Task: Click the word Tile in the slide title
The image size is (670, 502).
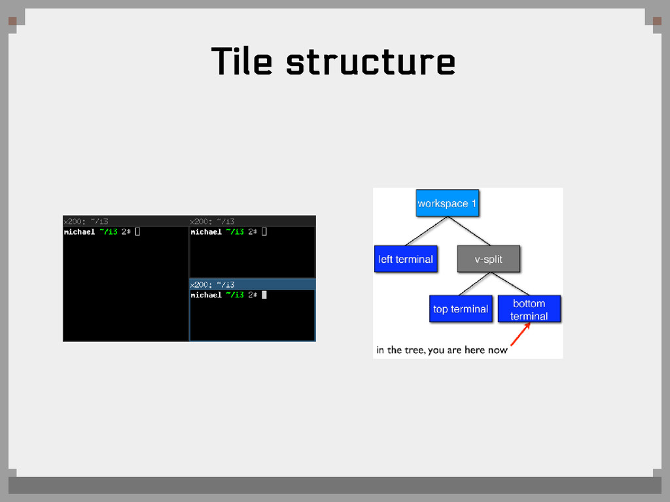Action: coord(241,62)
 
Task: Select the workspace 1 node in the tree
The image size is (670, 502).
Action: coord(447,203)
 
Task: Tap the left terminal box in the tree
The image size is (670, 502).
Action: coord(405,259)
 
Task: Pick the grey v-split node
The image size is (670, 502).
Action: coord(488,259)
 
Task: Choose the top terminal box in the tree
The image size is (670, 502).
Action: coord(460,309)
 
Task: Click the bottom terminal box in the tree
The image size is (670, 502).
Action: coord(529,309)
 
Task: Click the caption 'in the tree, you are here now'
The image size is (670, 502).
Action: coord(442,350)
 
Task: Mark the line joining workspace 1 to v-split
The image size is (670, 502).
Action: coord(470,231)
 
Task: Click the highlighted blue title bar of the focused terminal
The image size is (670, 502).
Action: coord(252,284)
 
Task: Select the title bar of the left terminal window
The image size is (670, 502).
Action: coord(126,221)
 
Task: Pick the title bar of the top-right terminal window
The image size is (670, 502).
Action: coord(252,221)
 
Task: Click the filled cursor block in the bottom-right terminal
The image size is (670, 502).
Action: coord(264,295)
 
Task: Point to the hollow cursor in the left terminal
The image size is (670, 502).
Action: coord(137,231)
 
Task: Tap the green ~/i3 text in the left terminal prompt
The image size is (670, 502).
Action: coord(109,231)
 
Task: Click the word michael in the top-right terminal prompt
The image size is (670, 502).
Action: coord(206,231)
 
